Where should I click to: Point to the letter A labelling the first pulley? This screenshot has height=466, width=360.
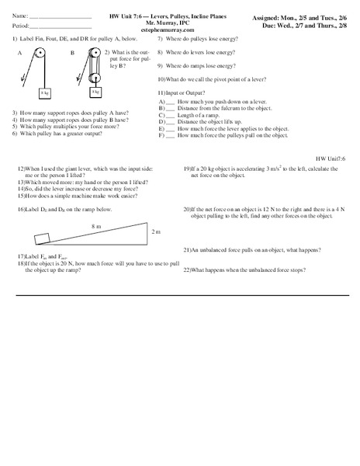19,53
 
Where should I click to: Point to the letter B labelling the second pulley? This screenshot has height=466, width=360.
72,53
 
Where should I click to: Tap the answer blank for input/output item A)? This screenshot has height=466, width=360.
171,102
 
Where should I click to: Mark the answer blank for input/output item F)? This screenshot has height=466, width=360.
171,135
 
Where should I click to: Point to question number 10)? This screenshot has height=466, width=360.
161,79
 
